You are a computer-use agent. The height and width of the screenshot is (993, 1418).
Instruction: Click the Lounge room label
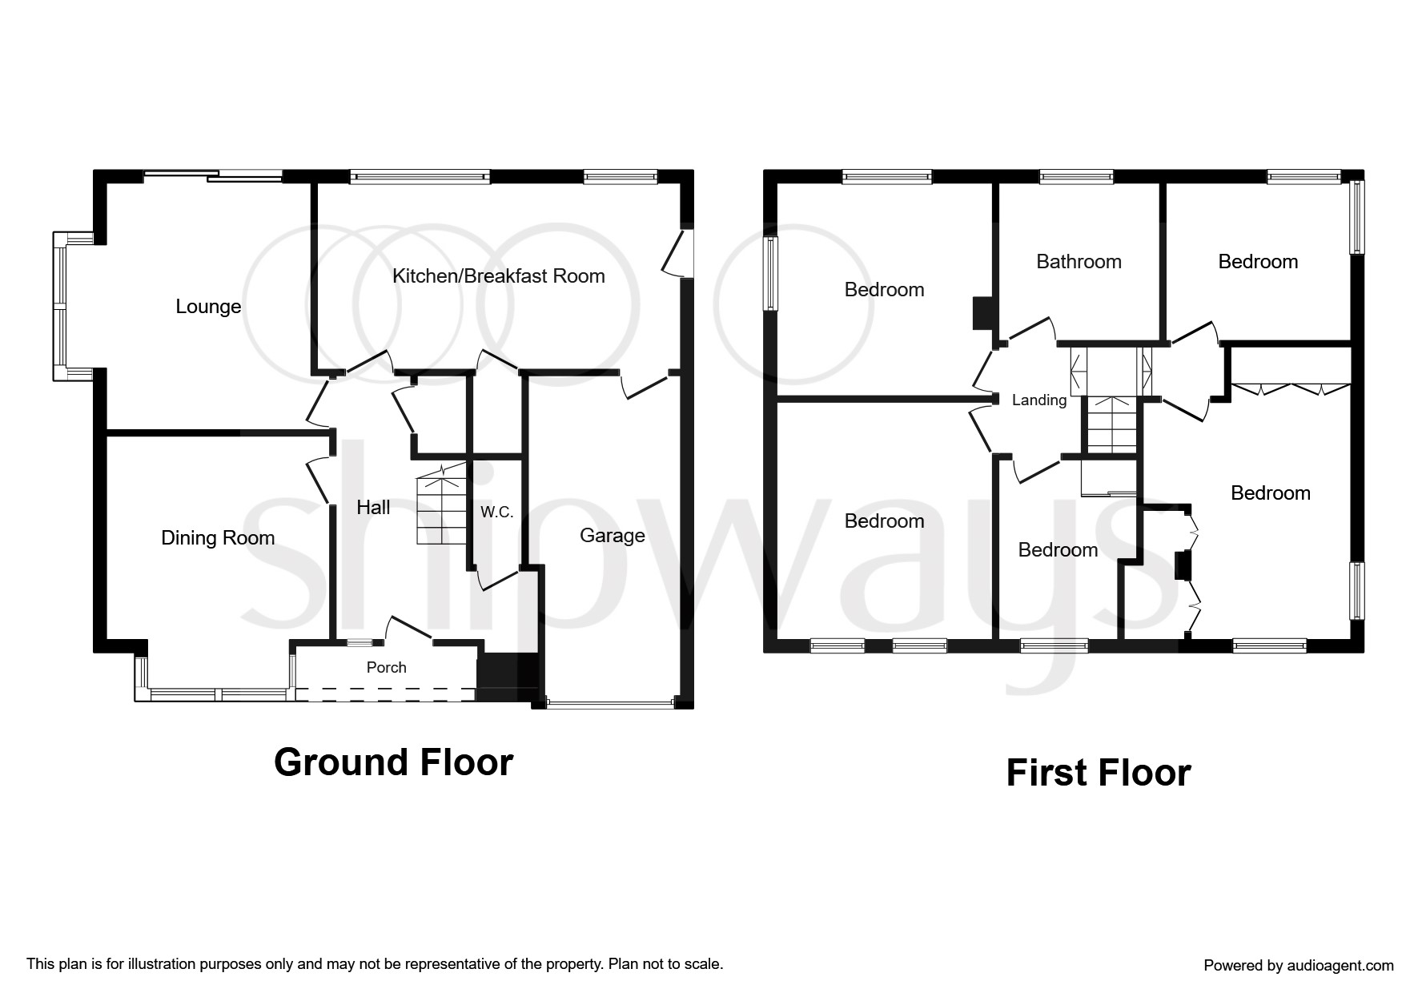click(x=208, y=307)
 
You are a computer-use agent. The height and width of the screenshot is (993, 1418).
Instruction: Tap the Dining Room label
click(x=218, y=538)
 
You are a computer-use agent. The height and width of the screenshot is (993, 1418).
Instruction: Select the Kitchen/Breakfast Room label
click(x=498, y=276)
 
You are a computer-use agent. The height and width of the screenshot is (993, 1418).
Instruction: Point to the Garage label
click(x=613, y=536)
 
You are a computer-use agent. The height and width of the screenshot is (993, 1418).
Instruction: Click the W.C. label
click(x=496, y=513)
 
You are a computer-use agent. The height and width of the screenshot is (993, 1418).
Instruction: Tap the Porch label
click(x=387, y=667)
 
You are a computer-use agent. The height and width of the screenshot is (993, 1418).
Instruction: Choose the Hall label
click(x=373, y=507)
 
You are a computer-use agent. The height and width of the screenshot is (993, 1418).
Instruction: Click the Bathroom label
click(x=1079, y=262)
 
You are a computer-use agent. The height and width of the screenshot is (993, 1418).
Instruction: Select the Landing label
click(x=1039, y=400)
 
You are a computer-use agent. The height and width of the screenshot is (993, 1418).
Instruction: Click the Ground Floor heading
click(x=393, y=762)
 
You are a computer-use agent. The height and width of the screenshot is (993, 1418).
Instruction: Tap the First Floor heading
click(x=1099, y=773)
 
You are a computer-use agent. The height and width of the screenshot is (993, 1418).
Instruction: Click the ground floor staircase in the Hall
click(x=441, y=502)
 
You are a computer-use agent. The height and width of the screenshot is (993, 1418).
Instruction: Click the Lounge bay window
click(x=61, y=307)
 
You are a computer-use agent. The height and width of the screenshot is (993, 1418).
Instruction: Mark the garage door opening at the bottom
click(x=610, y=704)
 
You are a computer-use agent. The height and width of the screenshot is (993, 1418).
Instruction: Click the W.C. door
click(x=497, y=578)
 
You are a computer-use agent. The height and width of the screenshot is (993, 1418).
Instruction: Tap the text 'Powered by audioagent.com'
click(x=1299, y=966)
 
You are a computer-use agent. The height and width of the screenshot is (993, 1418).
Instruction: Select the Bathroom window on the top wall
click(x=1076, y=177)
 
